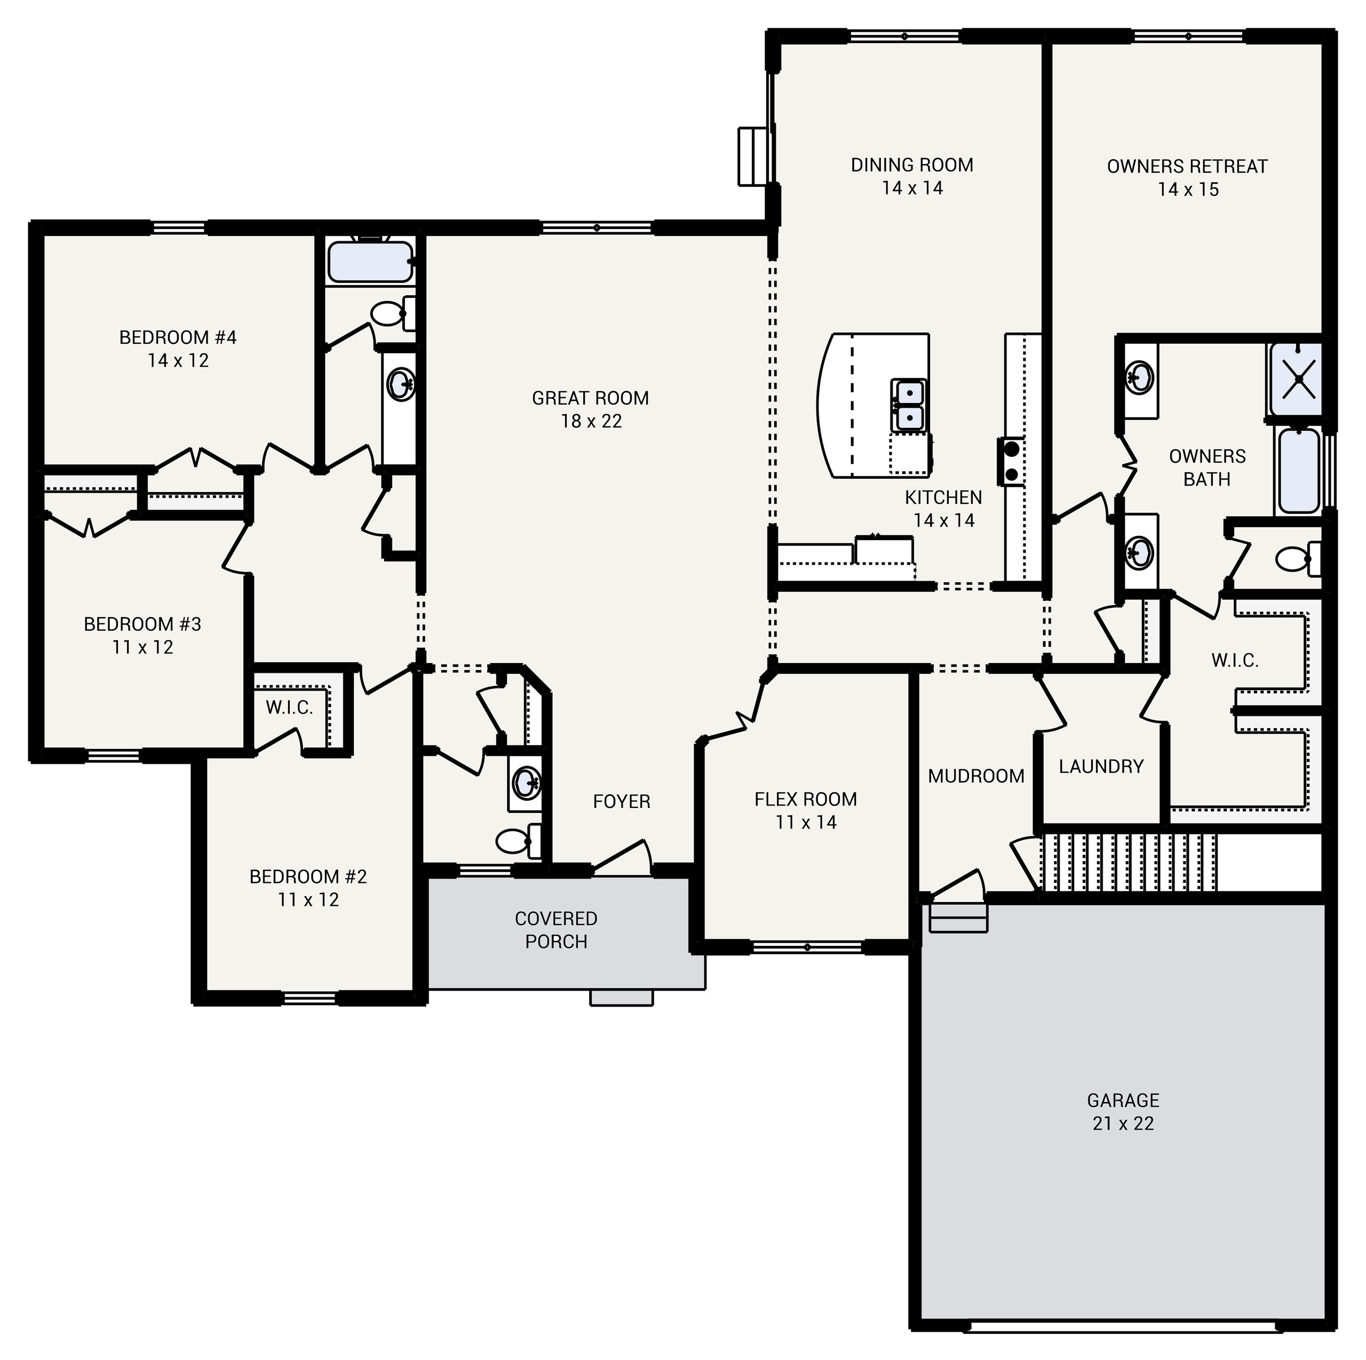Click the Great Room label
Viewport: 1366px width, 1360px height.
coord(590,398)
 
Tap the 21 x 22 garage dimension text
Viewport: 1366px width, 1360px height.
coord(1123,1124)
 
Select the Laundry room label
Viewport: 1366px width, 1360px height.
coord(1100,766)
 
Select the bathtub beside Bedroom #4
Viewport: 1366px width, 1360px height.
coord(370,262)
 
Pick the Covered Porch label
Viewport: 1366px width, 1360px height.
coord(555,930)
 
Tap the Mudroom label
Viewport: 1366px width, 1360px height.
coord(976,777)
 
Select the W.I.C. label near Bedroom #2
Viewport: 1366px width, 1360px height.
coord(289,708)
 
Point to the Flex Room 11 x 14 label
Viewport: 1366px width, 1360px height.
coord(805,810)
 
